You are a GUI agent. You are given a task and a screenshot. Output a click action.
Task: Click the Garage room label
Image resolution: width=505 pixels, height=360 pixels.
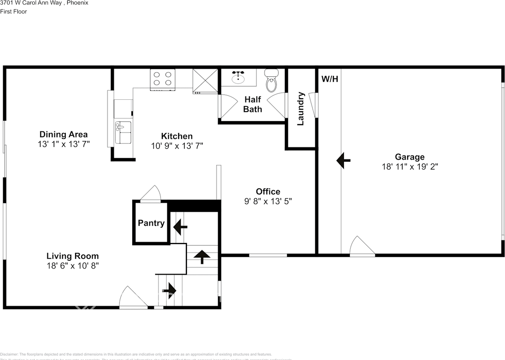click(410, 157)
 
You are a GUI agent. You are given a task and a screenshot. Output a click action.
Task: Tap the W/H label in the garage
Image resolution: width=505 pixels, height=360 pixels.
click(330, 79)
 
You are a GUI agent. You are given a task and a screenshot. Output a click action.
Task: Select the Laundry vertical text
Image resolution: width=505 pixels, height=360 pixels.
click(301, 108)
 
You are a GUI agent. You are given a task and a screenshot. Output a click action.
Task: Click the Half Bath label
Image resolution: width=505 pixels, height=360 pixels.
click(252, 104)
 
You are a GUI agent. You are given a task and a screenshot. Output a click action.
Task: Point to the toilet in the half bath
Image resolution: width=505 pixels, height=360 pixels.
click(271, 80)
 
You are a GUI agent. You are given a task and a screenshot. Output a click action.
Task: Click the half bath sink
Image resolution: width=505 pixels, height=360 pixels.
click(238, 78)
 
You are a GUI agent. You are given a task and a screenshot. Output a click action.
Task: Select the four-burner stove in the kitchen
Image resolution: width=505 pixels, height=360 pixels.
click(163, 78)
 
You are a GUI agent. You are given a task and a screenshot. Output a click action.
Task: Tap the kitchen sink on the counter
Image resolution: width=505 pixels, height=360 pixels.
click(123, 133)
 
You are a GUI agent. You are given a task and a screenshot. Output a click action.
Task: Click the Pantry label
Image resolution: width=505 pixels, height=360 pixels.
click(151, 223)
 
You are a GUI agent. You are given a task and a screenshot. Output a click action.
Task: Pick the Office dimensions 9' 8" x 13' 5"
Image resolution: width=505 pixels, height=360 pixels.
click(268, 201)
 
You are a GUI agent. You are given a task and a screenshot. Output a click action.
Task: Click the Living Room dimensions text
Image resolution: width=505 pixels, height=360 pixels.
click(73, 266)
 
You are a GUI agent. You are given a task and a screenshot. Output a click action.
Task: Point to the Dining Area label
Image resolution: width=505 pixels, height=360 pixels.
click(64, 134)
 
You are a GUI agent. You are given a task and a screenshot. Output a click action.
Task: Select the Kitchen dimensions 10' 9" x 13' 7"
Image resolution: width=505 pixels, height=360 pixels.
click(177, 146)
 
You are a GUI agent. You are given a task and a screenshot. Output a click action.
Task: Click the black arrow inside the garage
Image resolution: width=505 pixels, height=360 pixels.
click(343, 160)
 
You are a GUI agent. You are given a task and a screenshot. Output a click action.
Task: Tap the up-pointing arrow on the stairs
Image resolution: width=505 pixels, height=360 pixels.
click(202, 257)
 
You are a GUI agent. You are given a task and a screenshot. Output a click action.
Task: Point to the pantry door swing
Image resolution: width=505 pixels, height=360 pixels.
click(151, 194)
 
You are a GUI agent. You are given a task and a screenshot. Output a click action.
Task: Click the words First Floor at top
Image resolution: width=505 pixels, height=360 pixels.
click(13, 11)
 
